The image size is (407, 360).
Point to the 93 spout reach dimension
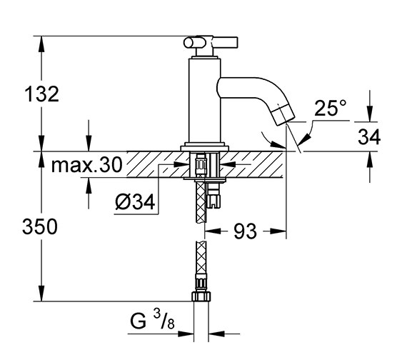tap(245, 231)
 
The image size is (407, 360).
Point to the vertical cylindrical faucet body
tap(203, 100)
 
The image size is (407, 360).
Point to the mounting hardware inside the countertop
tap(203, 166)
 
